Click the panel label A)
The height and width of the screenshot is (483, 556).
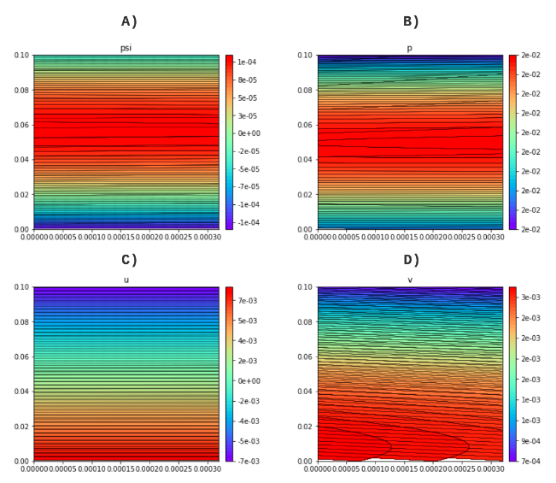pyautogui.click(x=129, y=21)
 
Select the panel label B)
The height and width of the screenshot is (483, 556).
pyautogui.click(x=411, y=21)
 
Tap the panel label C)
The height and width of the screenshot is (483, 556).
pyautogui.click(x=129, y=260)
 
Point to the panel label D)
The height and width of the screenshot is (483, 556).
pyautogui.click(x=411, y=260)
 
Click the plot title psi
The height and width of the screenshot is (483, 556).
pyautogui.click(x=126, y=48)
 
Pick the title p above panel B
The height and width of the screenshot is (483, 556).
pyautogui.click(x=409, y=48)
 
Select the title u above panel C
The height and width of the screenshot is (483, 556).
pyautogui.click(x=126, y=280)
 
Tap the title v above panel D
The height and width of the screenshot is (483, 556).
pyautogui.click(x=409, y=280)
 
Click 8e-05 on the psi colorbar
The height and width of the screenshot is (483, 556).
pyautogui.click(x=248, y=80)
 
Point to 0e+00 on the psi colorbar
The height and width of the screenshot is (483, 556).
pyautogui.click(x=248, y=133)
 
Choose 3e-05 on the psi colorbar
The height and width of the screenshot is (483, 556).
pyautogui.click(x=248, y=115)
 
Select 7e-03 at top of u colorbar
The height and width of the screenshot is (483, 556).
pyautogui.click(x=248, y=301)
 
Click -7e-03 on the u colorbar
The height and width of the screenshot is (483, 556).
pyautogui.click(x=248, y=461)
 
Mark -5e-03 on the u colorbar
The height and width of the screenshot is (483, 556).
pyautogui.click(x=248, y=441)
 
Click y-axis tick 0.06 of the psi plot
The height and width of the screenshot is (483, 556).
pyautogui.click(x=21, y=125)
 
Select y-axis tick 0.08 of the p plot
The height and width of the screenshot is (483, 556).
pyautogui.click(x=305, y=90)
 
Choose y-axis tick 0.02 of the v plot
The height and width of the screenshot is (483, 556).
pyautogui.click(x=305, y=426)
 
